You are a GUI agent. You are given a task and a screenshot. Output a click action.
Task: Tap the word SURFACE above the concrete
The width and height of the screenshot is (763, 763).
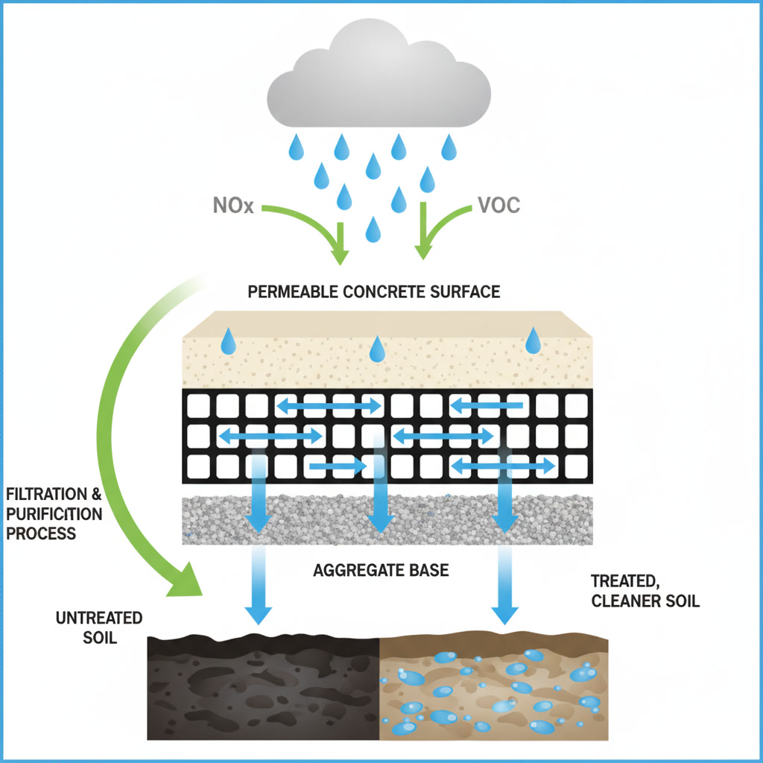(463, 291)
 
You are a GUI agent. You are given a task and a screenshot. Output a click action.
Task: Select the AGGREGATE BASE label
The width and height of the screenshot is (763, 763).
(381, 571)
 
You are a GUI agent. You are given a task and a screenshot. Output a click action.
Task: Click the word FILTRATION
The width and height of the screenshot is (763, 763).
(48, 496)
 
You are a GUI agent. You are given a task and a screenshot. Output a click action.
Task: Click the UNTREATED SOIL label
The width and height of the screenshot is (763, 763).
(98, 628)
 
